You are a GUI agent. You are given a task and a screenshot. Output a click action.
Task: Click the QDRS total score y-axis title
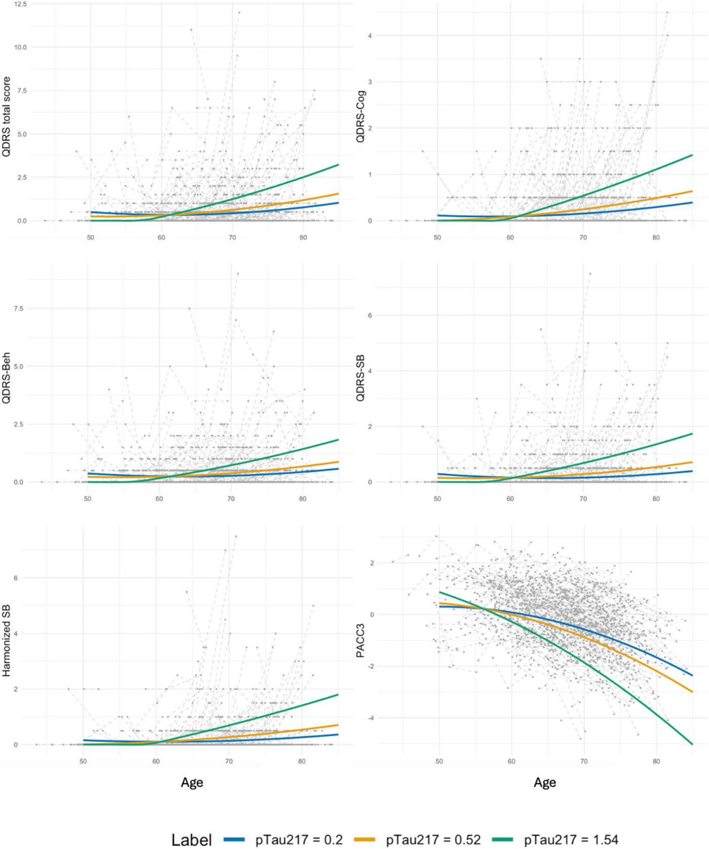[6, 116]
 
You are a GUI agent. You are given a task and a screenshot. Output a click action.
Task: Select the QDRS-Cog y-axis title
[360, 116]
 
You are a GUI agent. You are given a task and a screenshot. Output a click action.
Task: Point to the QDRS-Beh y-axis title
[6, 378]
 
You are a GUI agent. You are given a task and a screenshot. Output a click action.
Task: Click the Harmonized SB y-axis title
[6, 640]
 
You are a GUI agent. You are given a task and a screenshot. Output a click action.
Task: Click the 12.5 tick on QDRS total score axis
[20, 4]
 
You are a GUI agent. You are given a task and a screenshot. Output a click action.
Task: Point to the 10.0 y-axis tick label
[20, 47]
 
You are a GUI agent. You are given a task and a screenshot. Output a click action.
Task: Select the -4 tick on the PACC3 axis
[371, 718]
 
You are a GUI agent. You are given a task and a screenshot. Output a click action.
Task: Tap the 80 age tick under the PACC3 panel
[656, 761]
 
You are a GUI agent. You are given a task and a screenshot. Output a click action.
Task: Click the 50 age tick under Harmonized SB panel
[83, 761]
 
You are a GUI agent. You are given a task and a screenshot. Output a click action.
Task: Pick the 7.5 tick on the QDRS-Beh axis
[18, 308]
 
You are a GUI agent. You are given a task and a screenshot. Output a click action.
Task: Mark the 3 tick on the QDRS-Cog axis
[370, 82]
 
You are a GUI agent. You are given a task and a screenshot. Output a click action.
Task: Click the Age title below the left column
[192, 783]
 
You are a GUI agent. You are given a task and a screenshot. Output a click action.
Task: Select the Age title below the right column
[545, 783]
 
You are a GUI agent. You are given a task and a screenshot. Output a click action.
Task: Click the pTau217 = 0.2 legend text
[299, 840]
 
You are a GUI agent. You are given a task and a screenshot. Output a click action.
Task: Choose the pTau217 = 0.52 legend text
[433, 840]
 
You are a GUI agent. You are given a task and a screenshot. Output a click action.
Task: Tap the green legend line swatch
[502, 840]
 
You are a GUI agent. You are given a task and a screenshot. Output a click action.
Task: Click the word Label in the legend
[191, 840]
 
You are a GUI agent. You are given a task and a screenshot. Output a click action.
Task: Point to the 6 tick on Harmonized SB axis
[16, 578]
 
